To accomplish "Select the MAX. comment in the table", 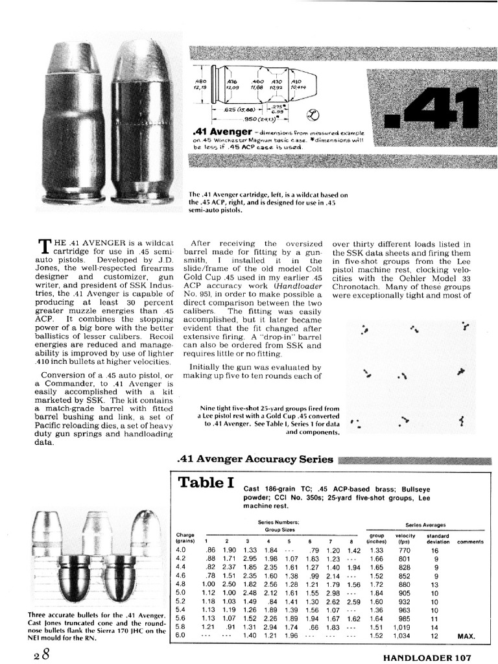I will [467, 636].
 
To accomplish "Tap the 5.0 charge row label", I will [180, 593].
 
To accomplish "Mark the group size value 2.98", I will [333, 593].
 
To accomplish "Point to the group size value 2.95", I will [248, 558].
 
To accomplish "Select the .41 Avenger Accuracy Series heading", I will [255, 460].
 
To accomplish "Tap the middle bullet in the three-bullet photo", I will [102, 554].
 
